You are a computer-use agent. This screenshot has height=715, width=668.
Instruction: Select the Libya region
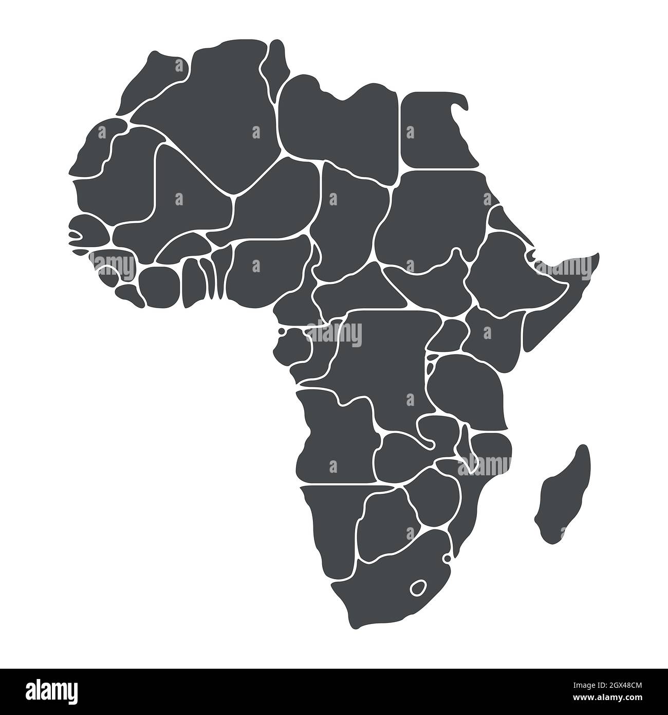(339, 123)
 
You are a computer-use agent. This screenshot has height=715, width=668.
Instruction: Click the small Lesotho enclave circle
(417, 587)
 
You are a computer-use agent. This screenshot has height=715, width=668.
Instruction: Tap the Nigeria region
(267, 267)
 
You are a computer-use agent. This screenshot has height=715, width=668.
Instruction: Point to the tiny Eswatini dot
(447, 558)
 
